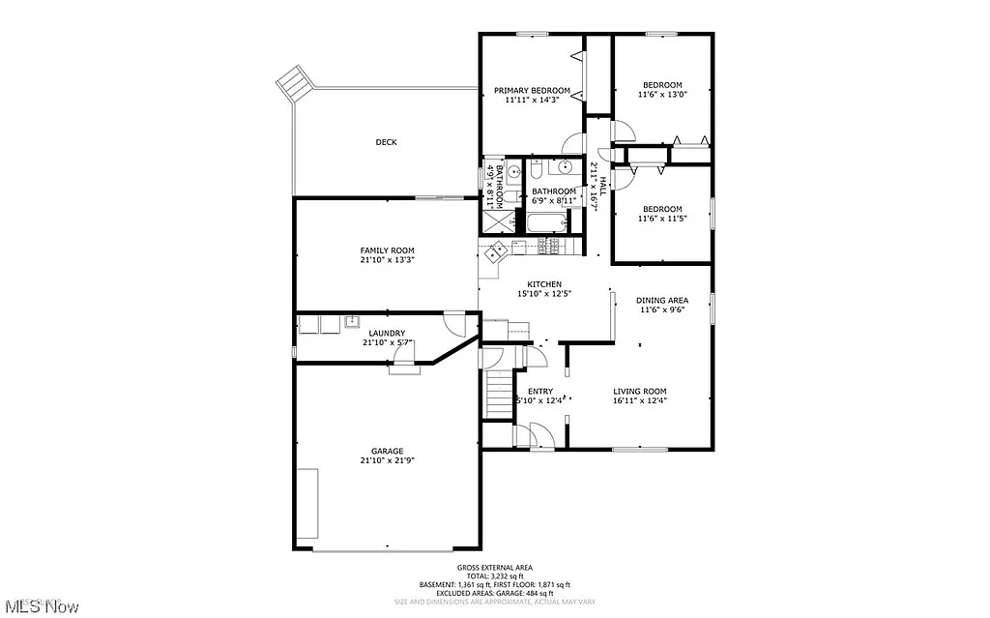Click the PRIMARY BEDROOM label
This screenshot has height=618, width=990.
[537, 90]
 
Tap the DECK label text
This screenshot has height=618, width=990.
[386, 142]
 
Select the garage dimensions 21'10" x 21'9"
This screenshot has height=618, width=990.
[387, 460]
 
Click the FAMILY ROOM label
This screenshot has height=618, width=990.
[387, 250]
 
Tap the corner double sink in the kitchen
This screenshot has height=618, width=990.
[495, 252]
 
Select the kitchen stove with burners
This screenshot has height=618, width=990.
[550, 248]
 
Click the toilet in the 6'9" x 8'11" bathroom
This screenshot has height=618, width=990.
[535, 172]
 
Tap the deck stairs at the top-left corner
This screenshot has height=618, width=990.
[293, 82]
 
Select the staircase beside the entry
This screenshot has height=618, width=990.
[498, 394]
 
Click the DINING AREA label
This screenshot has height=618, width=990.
[663, 300]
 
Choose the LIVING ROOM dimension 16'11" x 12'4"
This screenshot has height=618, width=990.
[640, 400]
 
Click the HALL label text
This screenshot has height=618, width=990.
[602, 181]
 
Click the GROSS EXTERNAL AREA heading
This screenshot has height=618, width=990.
[494, 567]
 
